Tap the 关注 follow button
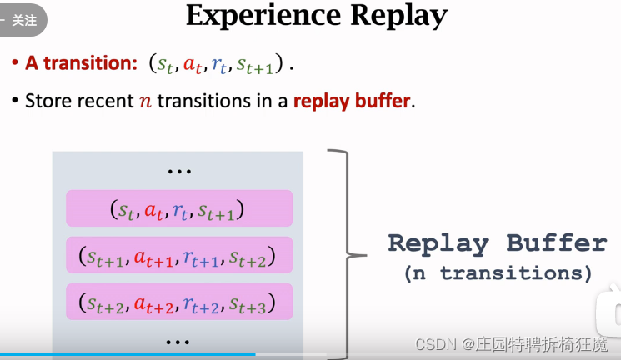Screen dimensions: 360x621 (x=23, y=20)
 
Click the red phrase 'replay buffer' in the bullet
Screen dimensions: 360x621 (x=352, y=102)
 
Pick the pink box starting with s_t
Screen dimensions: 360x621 (x=179, y=208)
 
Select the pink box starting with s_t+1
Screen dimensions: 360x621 (x=179, y=255)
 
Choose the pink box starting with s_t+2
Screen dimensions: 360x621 (x=179, y=302)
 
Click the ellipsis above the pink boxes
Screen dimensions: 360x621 (x=179, y=172)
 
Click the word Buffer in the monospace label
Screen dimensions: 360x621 (x=557, y=243)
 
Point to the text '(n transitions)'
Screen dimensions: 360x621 (x=498, y=273)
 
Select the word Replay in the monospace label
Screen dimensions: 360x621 (x=438, y=243)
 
